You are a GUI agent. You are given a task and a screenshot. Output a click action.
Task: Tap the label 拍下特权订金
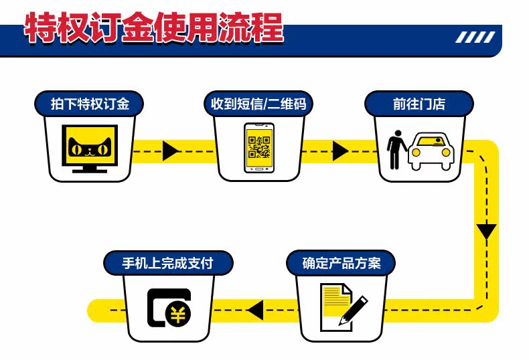pyautogui.click(x=89, y=104)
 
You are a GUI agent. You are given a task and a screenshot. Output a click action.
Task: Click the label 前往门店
pyautogui.click(x=419, y=104)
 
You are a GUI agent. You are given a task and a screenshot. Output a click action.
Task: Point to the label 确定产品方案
pyautogui.click(x=341, y=263)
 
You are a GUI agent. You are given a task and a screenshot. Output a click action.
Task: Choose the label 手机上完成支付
pyautogui.click(x=167, y=263)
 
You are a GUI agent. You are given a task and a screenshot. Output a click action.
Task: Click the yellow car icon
pyautogui.click(x=431, y=150)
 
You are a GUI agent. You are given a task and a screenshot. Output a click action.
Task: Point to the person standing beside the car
pyautogui.click(x=396, y=149)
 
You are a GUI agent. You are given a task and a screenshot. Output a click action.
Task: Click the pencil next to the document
pyautogui.click(x=354, y=309)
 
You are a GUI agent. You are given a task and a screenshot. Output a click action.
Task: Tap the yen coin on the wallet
pyautogui.click(x=178, y=314)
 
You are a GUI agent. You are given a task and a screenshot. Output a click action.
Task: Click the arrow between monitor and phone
pyautogui.click(x=170, y=151)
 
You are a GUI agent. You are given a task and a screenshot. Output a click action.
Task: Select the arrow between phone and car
pyautogui.click(x=340, y=151)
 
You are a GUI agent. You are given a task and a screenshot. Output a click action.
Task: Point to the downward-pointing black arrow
pyautogui.click(x=486, y=232)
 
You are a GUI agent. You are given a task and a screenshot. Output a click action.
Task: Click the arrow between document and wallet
pyautogui.click(x=255, y=310)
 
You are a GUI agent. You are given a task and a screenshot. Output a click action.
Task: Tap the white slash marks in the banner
pyautogui.click(x=475, y=37)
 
